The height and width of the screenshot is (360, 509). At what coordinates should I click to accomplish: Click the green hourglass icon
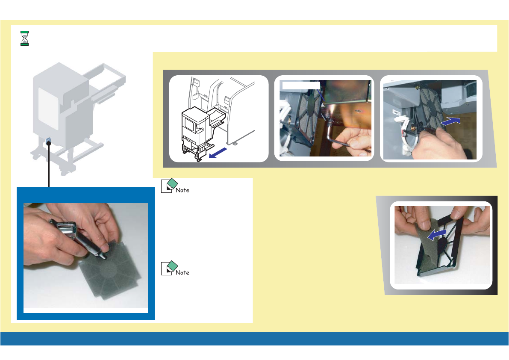pos(25,38)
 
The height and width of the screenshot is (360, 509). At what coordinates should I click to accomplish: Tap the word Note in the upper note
pos(182,190)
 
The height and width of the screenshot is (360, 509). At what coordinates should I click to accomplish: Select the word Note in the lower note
pos(182,273)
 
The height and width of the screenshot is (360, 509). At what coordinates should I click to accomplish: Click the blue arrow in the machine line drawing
pos(218,153)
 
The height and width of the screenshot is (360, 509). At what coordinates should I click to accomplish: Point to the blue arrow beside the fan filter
pos(450,121)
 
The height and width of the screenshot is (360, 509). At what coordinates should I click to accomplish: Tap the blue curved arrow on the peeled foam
pos(437,234)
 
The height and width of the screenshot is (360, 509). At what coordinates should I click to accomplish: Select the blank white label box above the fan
pos(301,86)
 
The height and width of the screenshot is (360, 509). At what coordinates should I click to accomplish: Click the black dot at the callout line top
pos(49,143)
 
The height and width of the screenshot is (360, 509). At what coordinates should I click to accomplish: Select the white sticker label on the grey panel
pos(396,112)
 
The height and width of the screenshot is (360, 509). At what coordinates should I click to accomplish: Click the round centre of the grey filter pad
pos(109,270)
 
